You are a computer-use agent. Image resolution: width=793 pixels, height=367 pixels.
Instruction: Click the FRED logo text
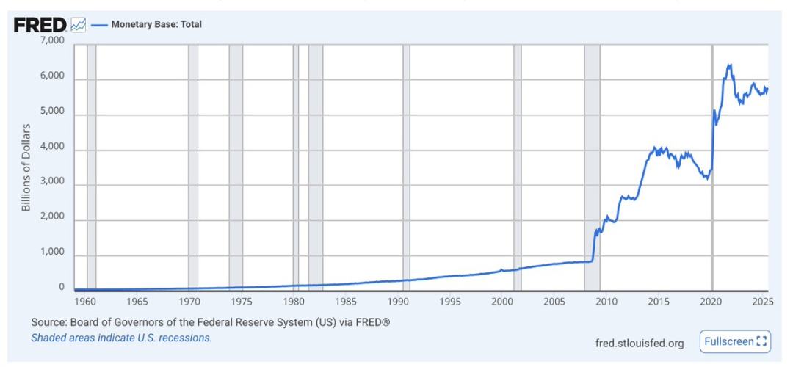click(41, 25)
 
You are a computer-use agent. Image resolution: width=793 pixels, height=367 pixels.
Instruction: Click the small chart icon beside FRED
click(79, 26)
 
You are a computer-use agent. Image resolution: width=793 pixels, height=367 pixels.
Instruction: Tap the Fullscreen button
click(735, 341)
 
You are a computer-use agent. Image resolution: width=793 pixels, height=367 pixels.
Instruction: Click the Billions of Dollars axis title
click(26, 167)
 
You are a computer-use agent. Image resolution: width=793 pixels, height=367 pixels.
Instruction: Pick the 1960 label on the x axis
click(85, 302)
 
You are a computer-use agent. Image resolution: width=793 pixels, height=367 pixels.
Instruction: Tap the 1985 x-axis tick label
click(346, 302)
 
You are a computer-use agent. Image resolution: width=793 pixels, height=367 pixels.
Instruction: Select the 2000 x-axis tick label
click(501, 302)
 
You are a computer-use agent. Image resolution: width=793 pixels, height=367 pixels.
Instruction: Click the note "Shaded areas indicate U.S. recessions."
click(122, 338)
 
